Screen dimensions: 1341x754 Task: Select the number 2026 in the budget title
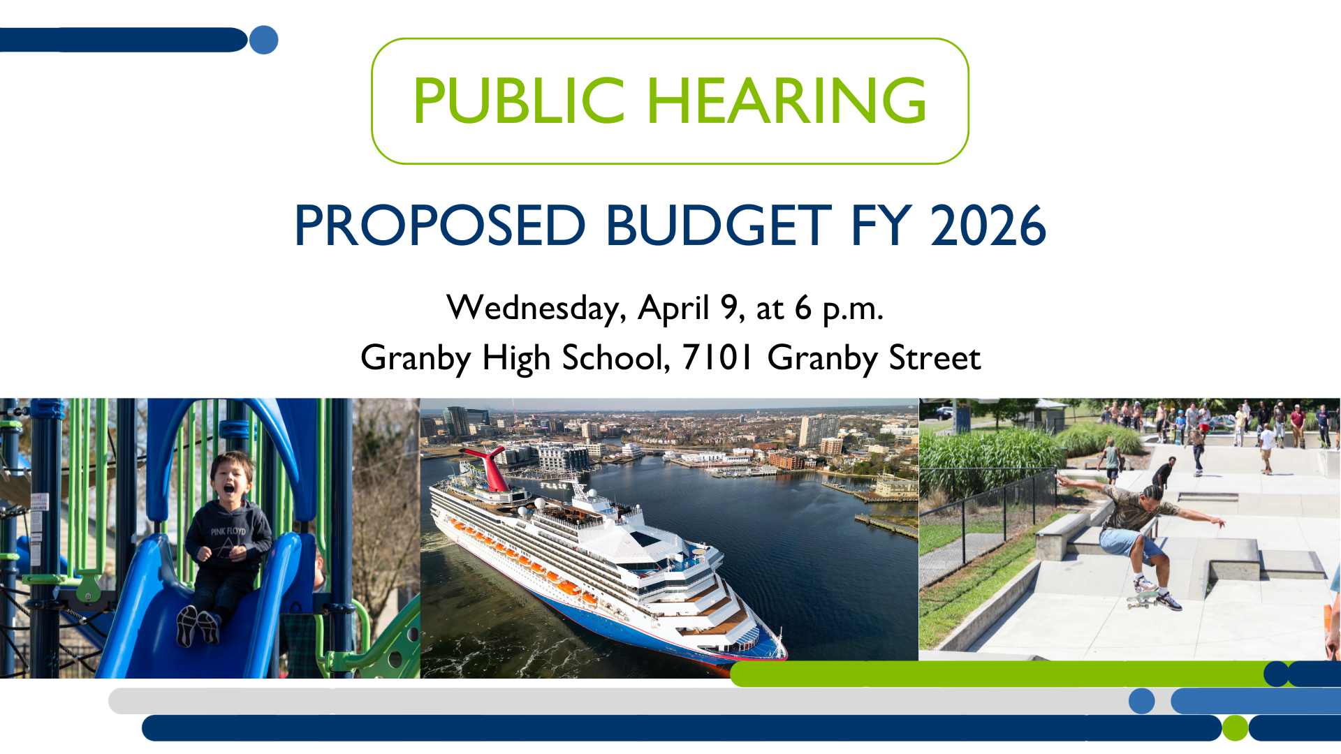click(988, 226)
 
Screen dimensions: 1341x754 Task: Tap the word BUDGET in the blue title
click(719, 226)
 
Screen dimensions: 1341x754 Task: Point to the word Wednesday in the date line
click(536, 309)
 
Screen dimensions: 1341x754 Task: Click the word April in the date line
click(673, 309)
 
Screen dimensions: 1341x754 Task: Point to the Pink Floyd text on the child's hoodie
click(228, 531)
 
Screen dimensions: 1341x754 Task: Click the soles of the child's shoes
click(198, 626)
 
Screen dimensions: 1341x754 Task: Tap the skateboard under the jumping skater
click(1143, 598)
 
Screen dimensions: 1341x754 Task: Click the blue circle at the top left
click(263, 40)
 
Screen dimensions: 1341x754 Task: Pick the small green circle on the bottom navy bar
click(1235, 727)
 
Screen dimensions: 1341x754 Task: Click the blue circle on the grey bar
click(1141, 701)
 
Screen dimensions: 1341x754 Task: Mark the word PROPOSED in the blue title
click(440, 226)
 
